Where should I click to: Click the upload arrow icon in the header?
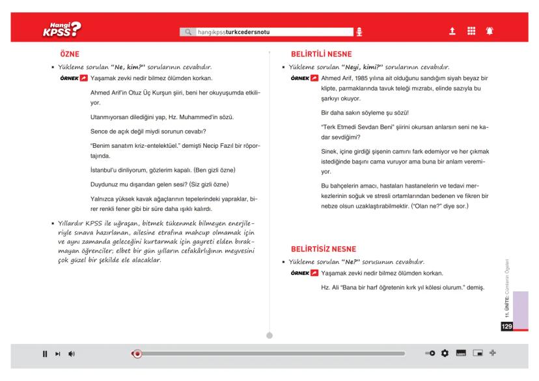click(452, 31)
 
